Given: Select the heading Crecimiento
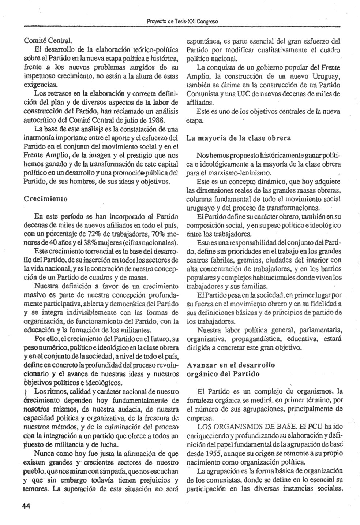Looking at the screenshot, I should pos(45,199).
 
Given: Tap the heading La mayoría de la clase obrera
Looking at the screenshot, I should pos(239,138).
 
